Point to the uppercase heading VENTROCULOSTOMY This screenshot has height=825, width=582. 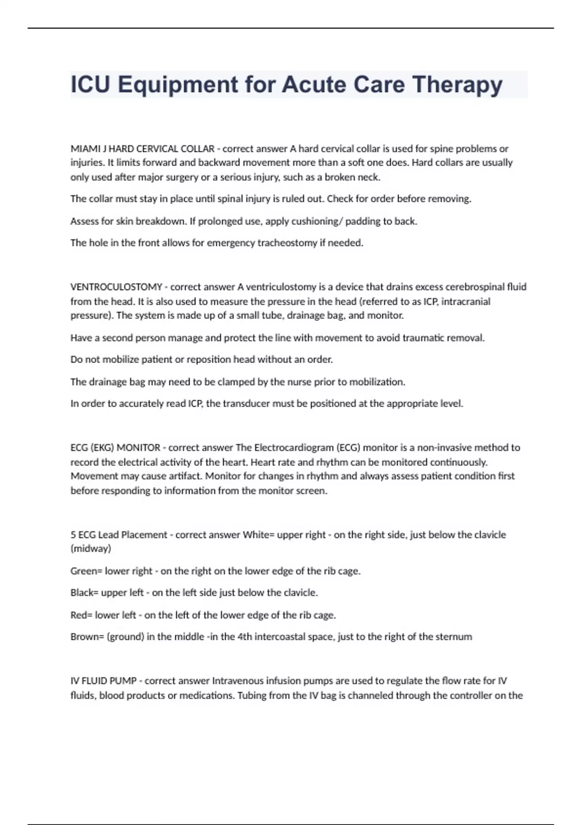[116, 287]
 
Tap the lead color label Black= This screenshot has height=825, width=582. [85, 593]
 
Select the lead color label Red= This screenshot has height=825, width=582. [81, 615]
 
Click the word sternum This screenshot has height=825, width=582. [454, 637]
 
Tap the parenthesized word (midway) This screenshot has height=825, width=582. [91, 549]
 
